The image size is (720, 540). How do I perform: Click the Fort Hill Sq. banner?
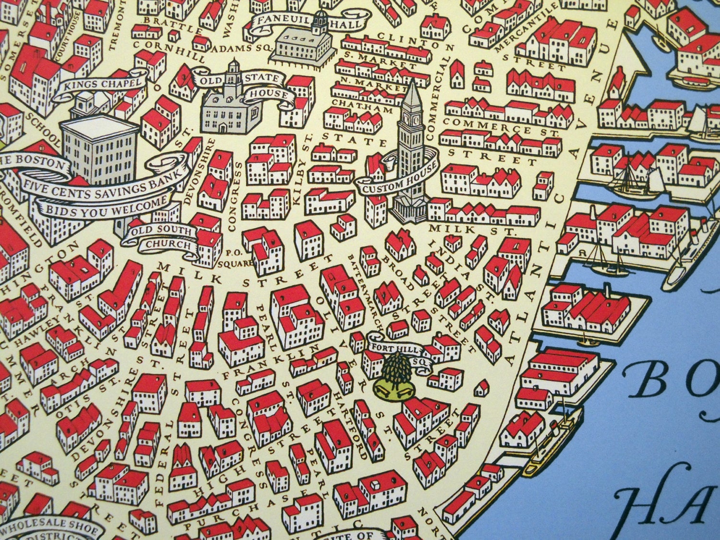[x=396, y=350]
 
